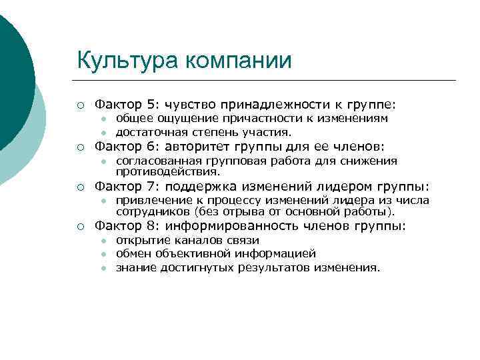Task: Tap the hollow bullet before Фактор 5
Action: (x=80, y=105)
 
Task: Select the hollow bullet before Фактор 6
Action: (x=80, y=147)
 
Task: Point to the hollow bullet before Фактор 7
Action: (x=80, y=187)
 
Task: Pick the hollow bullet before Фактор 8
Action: (x=80, y=227)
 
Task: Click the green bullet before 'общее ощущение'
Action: (x=103, y=119)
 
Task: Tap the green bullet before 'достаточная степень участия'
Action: (x=103, y=132)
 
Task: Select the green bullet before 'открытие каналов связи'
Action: (x=103, y=241)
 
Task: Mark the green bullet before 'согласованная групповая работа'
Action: (x=103, y=161)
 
